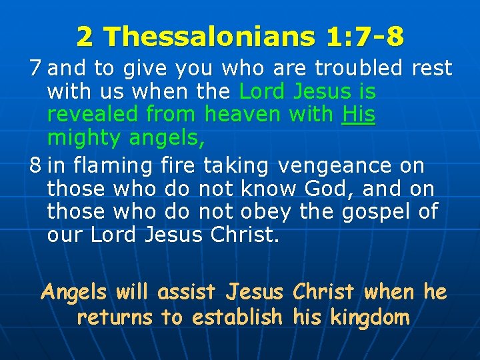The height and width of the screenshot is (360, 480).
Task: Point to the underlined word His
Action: (359, 115)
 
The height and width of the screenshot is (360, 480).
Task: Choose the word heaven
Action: (243, 115)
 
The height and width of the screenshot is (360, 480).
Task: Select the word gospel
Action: (369, 212)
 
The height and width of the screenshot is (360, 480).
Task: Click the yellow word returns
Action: (115, 317)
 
